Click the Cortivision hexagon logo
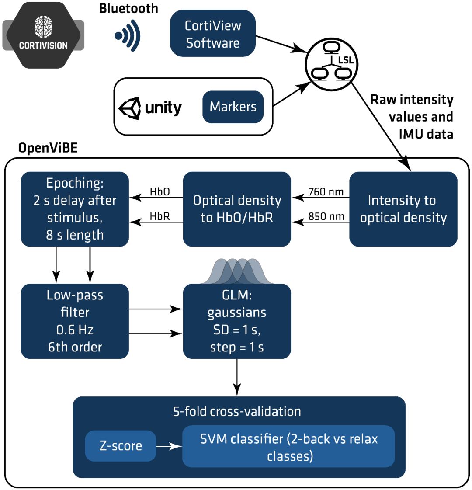[43, 35]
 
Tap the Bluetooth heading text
[128, 8]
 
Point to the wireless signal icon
[127, 35]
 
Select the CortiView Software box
[213, 34]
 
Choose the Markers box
[233, 107]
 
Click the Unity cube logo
[130, 108]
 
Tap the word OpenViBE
[48, 148]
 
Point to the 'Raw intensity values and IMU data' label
[412, 117]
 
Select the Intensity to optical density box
[403, 209]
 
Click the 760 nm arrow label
[326, 192]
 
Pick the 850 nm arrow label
[326, 216]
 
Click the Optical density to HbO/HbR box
[237, 209]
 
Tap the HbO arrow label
[160, 192]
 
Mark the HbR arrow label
[160, 216]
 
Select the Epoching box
[75, 209]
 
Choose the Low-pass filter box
[75, 321]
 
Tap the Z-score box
[121, 446]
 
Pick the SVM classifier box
[288, 447]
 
